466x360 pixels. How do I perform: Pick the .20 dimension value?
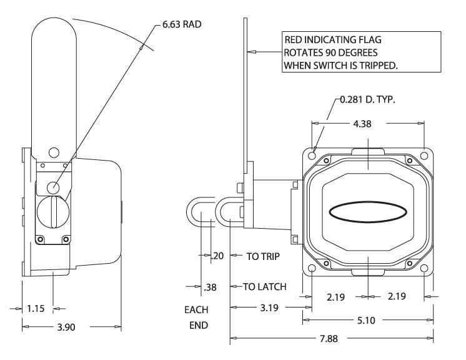click(217, 256)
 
